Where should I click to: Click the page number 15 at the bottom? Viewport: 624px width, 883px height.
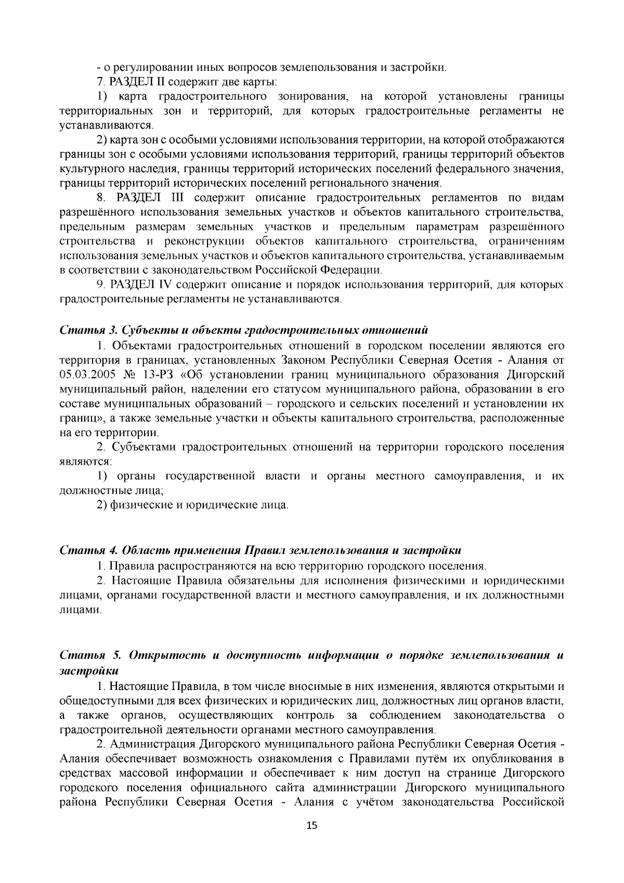click(311, 840)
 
